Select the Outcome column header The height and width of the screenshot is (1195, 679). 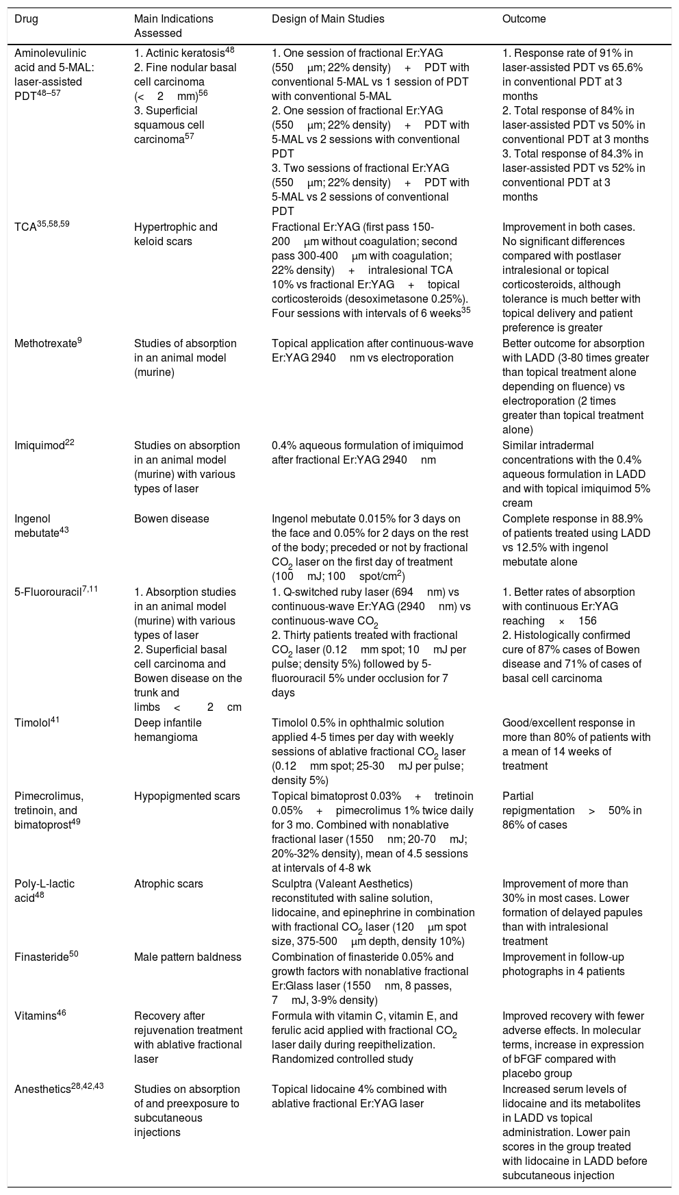524,19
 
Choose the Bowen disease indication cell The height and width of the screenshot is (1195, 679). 171,519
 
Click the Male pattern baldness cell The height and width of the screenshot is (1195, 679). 188,957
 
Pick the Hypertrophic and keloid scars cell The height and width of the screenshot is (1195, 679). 176,234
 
